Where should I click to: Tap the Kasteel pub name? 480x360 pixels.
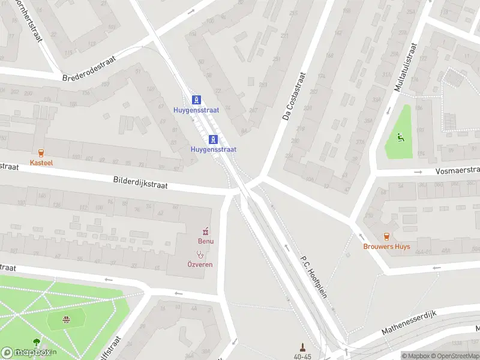point(41,163)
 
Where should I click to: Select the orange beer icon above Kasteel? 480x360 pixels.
point(41,153)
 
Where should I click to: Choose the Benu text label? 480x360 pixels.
point(206,241)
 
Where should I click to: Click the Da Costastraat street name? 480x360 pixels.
point(294,97)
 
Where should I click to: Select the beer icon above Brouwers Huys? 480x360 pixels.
point(387,236)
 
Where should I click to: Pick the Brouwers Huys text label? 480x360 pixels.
point(387,247)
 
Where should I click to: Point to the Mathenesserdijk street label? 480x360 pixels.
point(411,323)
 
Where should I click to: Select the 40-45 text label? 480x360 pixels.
point(302,356)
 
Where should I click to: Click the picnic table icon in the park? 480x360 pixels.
point(66,320)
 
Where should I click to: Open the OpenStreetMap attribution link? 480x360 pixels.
point(457,356)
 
